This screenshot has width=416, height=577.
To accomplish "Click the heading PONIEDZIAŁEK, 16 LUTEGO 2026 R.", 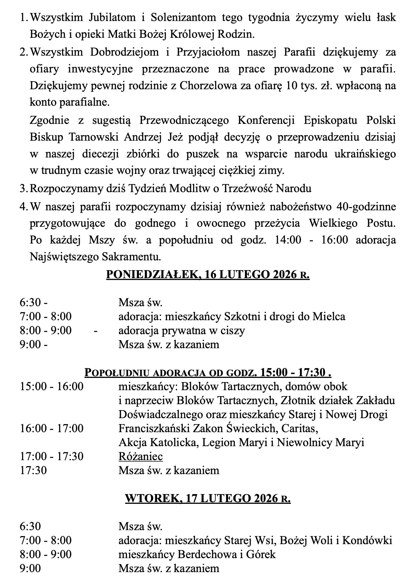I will pos(208,275).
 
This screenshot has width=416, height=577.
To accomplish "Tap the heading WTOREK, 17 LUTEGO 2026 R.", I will pos(208,499).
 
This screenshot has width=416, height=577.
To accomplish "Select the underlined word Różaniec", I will pos(141,456).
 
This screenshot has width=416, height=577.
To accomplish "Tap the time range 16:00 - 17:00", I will pos(51,428).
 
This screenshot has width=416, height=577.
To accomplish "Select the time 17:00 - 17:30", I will pos(51,456).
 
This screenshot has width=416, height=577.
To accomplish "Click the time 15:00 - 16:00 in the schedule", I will pos(51,387).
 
